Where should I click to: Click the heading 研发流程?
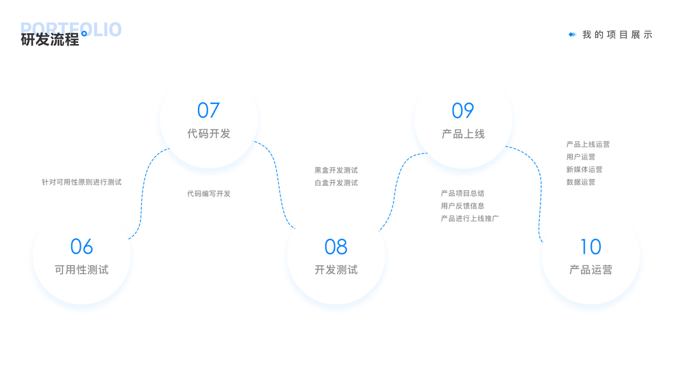coord(50,39)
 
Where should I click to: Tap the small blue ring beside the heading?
coord(84,33)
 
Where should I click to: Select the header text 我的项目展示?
coord(617,35)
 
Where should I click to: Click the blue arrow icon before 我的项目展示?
coord(571,35)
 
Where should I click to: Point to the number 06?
coord(81,246)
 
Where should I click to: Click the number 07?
coord(208,110)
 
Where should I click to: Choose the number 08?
coord(336,246)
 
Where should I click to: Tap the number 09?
coord(462,110)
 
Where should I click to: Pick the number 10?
coord(590,246)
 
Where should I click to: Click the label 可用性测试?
coord(81,270)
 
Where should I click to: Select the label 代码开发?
coord(209,134)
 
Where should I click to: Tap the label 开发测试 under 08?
coord(336,270)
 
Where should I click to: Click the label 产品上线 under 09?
coord(463,134)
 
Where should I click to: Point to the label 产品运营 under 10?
coord(590,270)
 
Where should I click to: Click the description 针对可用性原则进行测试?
coord(81,182)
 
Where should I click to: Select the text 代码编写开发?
coord(209,193)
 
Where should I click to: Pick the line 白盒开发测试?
coord(336,183)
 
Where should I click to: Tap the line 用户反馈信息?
coord(462,206)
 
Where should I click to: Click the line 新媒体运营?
coord(584,169)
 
